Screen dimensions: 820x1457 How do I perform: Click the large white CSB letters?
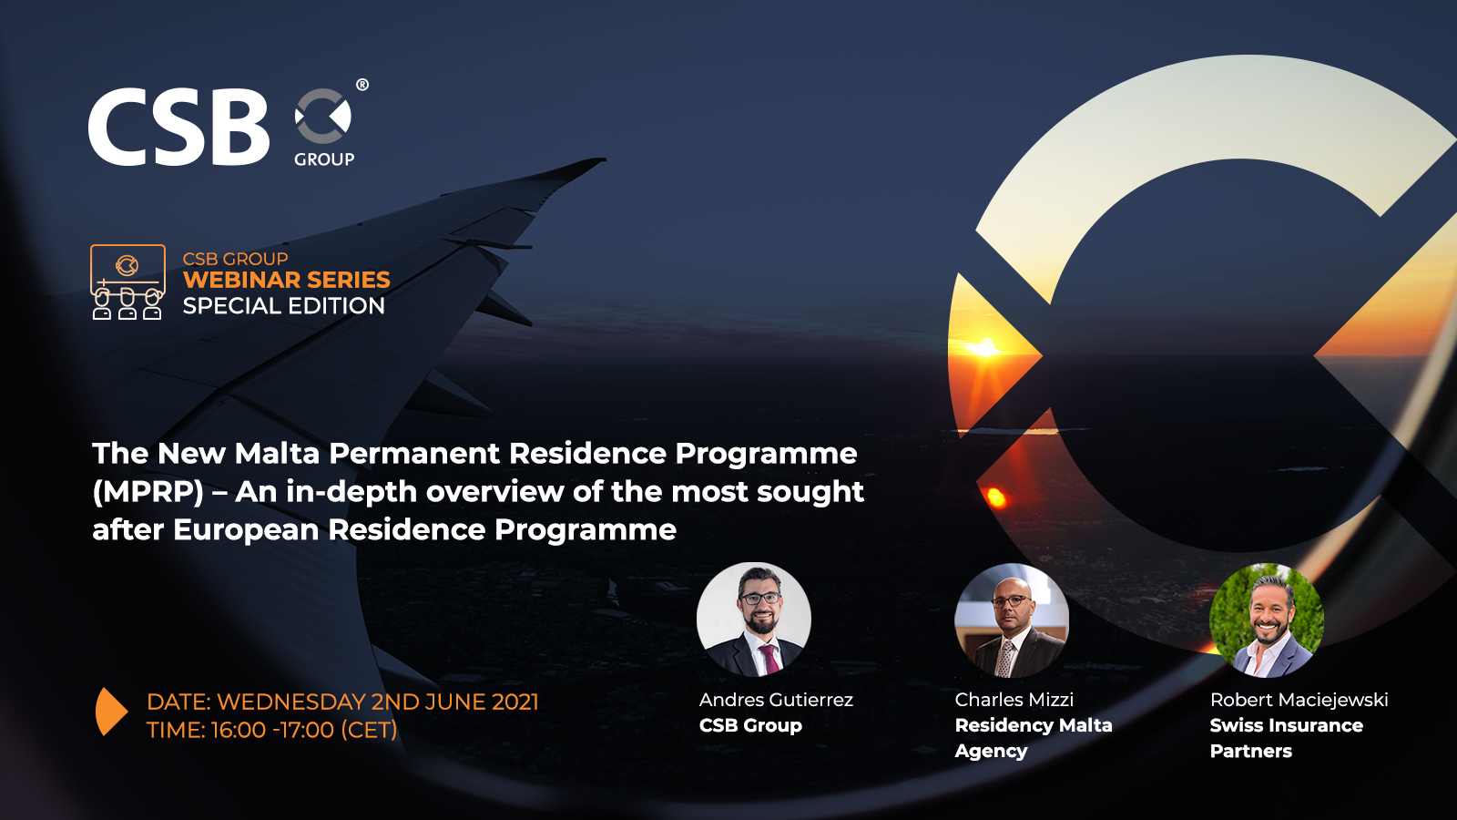[x=178, y=128]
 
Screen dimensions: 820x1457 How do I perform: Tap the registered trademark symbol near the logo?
[x=362, y=85]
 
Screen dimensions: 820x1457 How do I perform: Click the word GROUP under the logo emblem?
[x=324, y=159]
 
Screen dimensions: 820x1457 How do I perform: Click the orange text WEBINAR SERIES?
[x=286, y=280]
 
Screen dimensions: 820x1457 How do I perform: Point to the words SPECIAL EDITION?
[x=283, y=306]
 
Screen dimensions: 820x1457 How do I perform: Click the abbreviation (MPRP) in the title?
[x=148, y=492]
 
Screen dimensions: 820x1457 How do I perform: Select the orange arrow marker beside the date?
[x=110, y=712]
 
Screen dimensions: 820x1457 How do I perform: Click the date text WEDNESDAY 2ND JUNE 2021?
[x=377, y=702]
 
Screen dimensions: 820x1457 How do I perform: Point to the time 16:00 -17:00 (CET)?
[x=303, y=730]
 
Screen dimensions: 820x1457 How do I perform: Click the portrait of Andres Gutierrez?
[x=754, y=620]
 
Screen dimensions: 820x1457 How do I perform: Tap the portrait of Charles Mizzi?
[x=1011, y=620]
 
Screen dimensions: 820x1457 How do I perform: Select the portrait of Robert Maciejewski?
[x=1266, y=620]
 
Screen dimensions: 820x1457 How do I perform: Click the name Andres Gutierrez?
[x=776, y=700]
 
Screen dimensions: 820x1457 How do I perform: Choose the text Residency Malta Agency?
[x=1033, y=738]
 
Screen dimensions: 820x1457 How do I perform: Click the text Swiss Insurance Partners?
[x=1286, y=738]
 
